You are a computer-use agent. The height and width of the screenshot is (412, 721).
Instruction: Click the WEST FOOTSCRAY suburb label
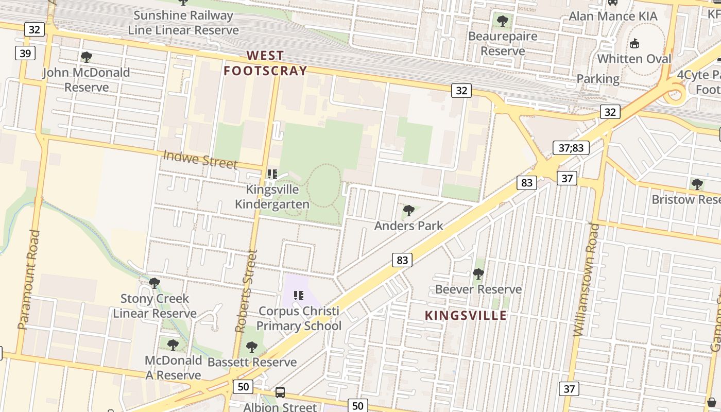click(x=265, y=63)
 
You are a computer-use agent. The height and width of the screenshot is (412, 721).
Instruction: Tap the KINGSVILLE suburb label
click(x=466, y=315)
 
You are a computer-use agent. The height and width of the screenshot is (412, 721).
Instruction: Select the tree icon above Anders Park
click(x=409, y=210)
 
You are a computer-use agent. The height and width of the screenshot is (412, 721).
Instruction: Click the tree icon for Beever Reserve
click(x=478, y=274)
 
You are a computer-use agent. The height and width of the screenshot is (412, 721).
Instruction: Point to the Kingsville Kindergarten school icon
click(x=272, y=174)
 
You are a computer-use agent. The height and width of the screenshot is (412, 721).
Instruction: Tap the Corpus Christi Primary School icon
click(x=299, y=296)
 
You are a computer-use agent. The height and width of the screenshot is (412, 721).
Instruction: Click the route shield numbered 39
click(x=25, y=53)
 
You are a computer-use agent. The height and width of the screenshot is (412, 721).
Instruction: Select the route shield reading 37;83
click(x=571, y=148)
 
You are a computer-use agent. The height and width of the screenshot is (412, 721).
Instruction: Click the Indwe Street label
click(x=200, y=159)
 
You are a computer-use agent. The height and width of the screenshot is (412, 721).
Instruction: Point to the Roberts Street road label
click(x=246, y=291)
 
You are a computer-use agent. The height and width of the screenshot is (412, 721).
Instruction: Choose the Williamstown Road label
click(x=587, y=279)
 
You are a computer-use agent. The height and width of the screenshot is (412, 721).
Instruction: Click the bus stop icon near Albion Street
click(x=280, y=392)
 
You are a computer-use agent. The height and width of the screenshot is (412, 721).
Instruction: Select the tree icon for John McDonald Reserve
click(x=87, y=57)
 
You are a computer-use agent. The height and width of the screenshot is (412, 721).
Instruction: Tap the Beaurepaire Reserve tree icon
click(x=503, y=21)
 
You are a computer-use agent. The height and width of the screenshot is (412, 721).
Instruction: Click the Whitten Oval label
click(x=634, y=59)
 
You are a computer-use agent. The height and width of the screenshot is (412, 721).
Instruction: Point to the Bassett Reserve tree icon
click(x=251, y=347)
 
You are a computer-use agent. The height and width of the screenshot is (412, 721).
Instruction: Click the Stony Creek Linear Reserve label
click(x=154, y=306)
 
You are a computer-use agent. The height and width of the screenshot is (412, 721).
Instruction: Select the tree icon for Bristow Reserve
click(x=697, y=184)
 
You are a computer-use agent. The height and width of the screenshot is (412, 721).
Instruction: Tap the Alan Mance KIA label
click(x=613, y=16)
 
